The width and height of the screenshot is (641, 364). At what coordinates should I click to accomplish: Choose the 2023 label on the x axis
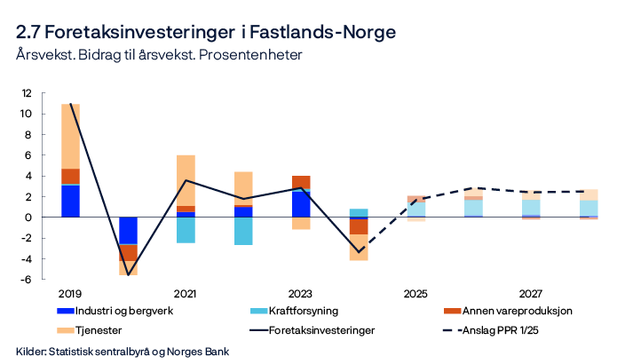pyautogui.click(x=301, y=293)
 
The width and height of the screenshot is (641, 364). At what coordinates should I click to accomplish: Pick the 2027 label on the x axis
pyautogui.click(x=531, y=293)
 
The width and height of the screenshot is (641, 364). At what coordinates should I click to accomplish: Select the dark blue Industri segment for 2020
pyautogui.click(x=128, y=230)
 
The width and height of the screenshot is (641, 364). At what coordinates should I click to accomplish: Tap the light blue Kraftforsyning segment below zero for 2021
pyautogui.click(x=186, y=229)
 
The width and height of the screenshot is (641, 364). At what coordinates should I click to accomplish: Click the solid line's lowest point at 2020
pyautogui.click(x=128, y=274)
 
